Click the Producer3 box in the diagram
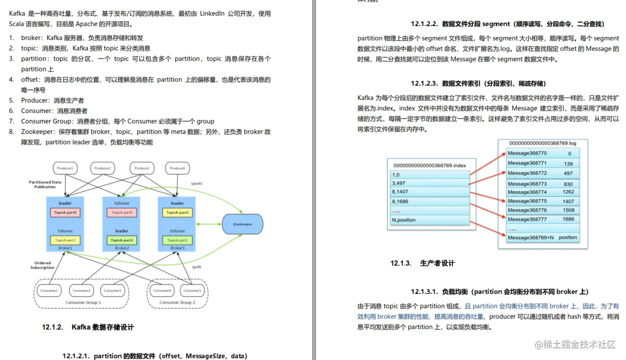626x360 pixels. pyautogui.click(x=142, y=168)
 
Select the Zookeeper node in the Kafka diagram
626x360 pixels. pyautogui.click(x=242, y=224)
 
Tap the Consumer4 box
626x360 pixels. pyautogui.click(x=162, y=290)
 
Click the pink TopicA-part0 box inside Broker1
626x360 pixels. pyautogui.click(x=65, y=213)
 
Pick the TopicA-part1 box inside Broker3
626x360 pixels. pyautogui.click(x=177, y=240)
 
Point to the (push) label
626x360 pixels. pyautogui.click(x=196, y=183)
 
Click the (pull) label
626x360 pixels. pyautogui.click(x=197, y=267)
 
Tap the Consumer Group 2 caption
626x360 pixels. pyautogui.click(x=177, y=302)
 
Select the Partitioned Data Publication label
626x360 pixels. pyautogui.click(x=45, y=184)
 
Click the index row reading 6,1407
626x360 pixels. pyautogui.click(x=429, y=192)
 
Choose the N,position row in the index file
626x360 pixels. pyautogui.click(x=429, y=220)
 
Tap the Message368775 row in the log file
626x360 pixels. pyautogui.click(x=527, y=201)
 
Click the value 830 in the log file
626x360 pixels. pyautogui.click(x=568, y=184)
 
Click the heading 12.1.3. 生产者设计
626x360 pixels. pyautogui.click(x=423, y=263)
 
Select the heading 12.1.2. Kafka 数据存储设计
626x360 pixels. pyautogui.click(x=88, y=327)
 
